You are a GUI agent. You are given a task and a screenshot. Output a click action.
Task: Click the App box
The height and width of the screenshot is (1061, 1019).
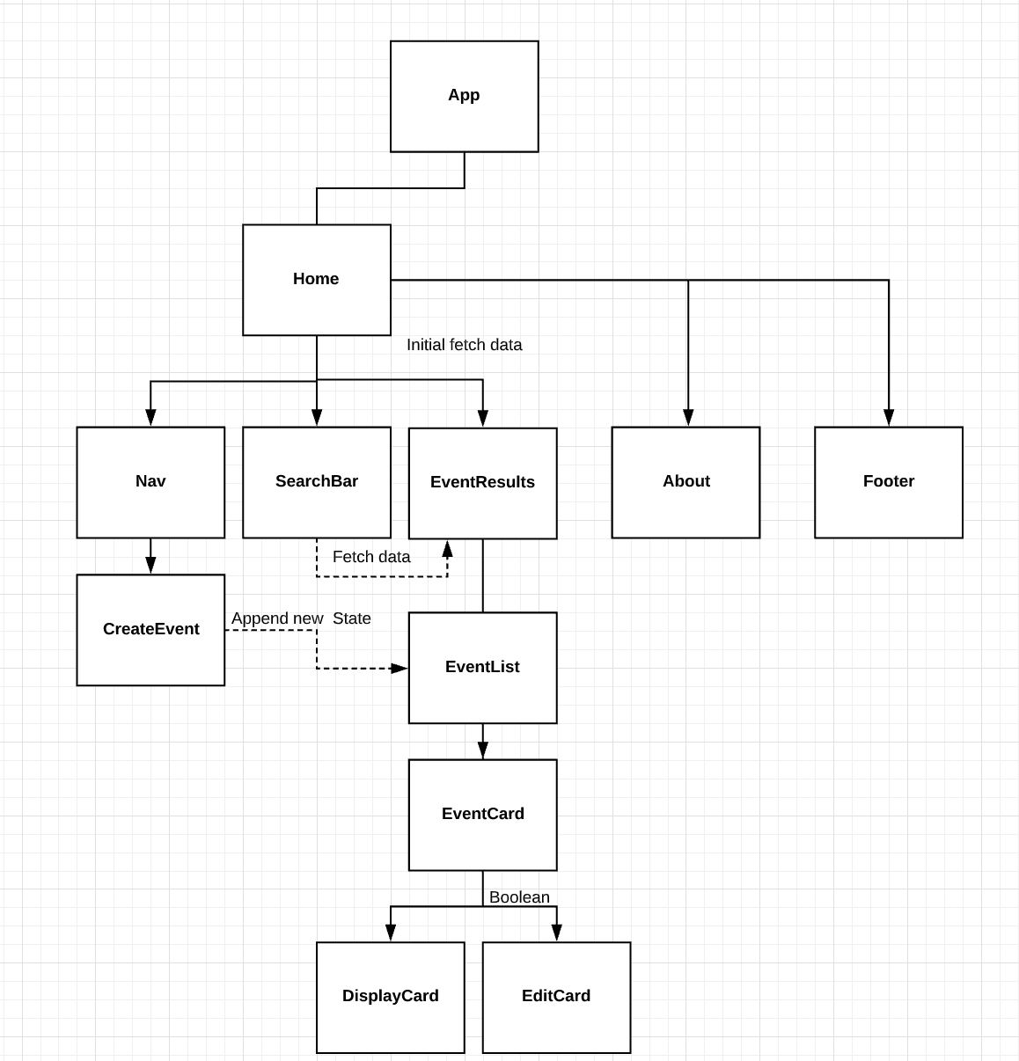[464, 96]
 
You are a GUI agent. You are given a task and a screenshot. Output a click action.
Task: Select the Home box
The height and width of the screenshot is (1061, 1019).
[316, 280]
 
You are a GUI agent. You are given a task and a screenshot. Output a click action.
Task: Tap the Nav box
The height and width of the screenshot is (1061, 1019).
[150, 482]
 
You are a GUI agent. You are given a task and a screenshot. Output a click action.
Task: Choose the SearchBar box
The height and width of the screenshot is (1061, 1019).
[316, 482]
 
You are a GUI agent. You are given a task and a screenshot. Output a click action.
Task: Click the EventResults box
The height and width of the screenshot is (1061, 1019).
[482, 483]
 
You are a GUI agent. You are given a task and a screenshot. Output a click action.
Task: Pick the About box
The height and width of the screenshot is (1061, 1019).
[685, 482]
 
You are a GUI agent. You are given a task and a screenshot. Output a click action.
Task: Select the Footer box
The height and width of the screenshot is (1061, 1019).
[888, 482]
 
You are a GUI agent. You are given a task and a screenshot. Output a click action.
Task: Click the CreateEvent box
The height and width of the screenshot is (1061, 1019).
[150, 630]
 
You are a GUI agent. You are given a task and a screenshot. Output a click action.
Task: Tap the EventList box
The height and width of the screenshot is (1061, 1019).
[482, 668]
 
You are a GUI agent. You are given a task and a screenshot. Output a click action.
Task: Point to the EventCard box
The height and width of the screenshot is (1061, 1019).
[482, 815]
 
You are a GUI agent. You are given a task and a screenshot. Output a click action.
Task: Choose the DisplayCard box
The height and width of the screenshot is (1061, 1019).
[390, 997]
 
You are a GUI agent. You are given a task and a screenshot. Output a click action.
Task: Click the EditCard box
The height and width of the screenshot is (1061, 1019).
[556, 997]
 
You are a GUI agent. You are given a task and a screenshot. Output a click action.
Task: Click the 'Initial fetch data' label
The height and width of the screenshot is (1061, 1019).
[464, 345]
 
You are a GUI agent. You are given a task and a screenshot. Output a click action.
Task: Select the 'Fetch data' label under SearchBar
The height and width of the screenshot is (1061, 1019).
[370, 557]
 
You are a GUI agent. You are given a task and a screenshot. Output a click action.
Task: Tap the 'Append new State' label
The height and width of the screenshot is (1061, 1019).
[301, 618]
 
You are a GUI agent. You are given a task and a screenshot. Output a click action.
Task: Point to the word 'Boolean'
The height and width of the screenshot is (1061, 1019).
[519, 897]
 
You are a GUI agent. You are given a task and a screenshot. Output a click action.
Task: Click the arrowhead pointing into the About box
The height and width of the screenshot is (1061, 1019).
[688, 418]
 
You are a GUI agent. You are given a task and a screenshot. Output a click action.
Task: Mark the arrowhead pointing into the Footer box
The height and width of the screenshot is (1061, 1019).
[889, 418]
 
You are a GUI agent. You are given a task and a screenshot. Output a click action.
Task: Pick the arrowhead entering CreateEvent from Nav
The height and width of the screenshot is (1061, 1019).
[150, 566]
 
